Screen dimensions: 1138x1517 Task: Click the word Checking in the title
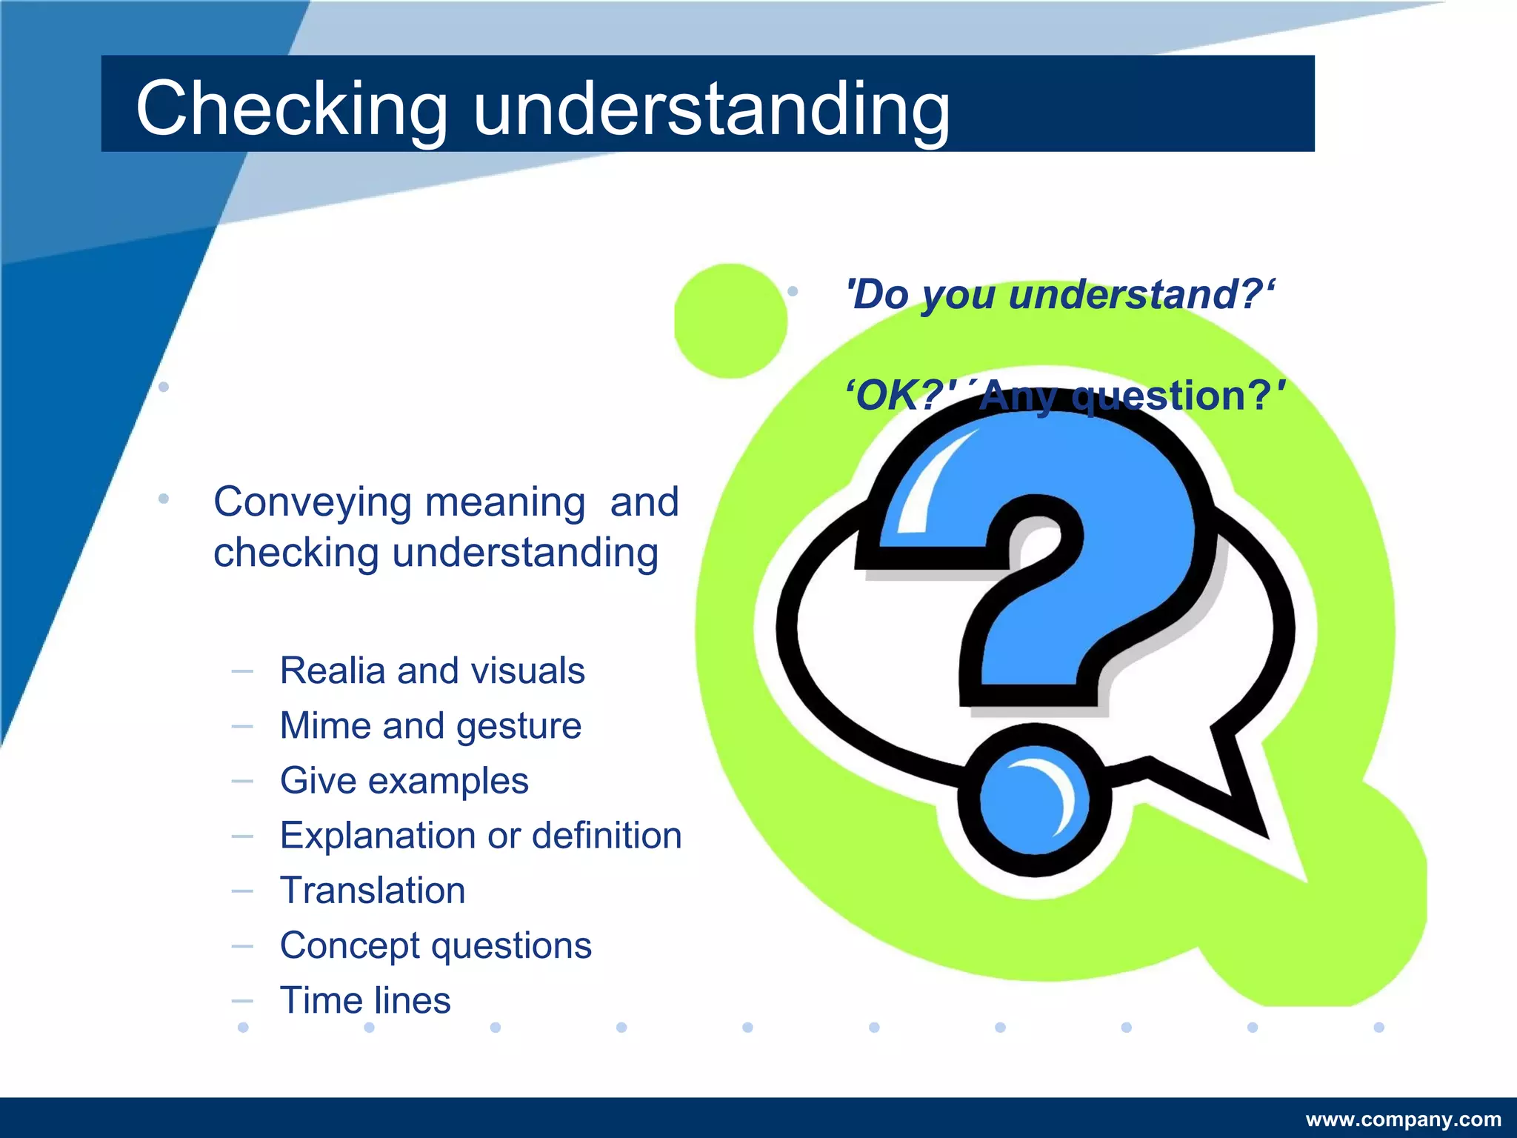(x=291, y=108)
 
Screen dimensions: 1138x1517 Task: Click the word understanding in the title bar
(x=711, y=108)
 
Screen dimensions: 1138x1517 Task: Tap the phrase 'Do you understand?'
(x=1059, y=294)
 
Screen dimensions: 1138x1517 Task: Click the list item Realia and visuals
(x=432, y=671)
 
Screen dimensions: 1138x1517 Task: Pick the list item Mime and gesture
(x=430, y=725)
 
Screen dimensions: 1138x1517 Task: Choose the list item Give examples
(x=404, y=780)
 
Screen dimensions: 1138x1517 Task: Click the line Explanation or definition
(x=480, y=835)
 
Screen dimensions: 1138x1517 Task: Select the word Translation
(x=373, y=890)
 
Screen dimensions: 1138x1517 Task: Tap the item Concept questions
(x=436, y=945)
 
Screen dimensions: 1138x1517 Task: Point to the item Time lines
(x=365, y=1000)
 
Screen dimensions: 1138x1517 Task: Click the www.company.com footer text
(x=1403, y=1119)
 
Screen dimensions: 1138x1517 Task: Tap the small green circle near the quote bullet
(x=730, y=321)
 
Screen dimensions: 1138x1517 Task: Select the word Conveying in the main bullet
(x=312, y=502)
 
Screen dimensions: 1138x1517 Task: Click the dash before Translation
(x=242, y=891)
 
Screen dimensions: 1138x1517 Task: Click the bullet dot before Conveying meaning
(x=164, y=499)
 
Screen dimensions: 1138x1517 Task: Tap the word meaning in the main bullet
(x=505, y=502)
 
